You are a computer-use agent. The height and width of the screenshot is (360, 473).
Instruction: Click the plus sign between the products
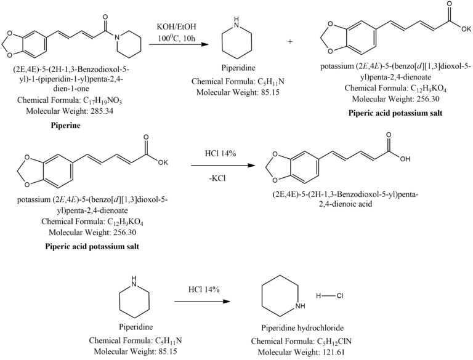(x=290, y=41)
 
